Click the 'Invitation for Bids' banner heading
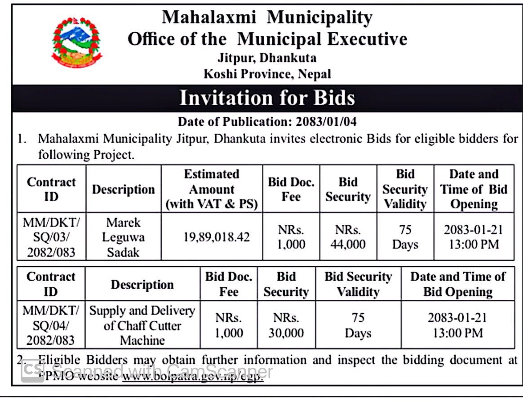[x=267, y=98]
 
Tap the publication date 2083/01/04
[x=326, y=122]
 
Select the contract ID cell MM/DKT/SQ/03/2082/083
[x=51, y=237]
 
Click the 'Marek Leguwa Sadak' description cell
[x=123, y=237]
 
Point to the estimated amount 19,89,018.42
[x=217, y=237]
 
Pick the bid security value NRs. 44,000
[x=348, y=237]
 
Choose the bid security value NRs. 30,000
[x=286, y=325]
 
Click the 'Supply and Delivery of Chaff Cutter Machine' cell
[x=142, y=325]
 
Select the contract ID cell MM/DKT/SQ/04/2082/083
[x=51, y=325]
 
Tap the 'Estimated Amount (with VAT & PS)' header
[x=212, y=189]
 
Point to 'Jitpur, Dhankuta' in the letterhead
[x=267, y=58]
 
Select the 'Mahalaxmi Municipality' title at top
[x=267, y=18]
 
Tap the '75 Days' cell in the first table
[x=405, y=237]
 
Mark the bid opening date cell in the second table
[x=457, y=325]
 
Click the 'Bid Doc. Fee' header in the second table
[x=229, y=284]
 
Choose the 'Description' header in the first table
[x=123, y=189]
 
